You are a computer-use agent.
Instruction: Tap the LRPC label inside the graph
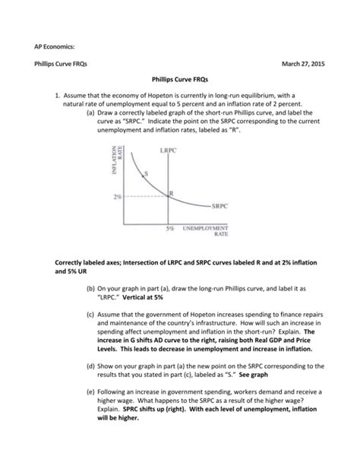point(169,151)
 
